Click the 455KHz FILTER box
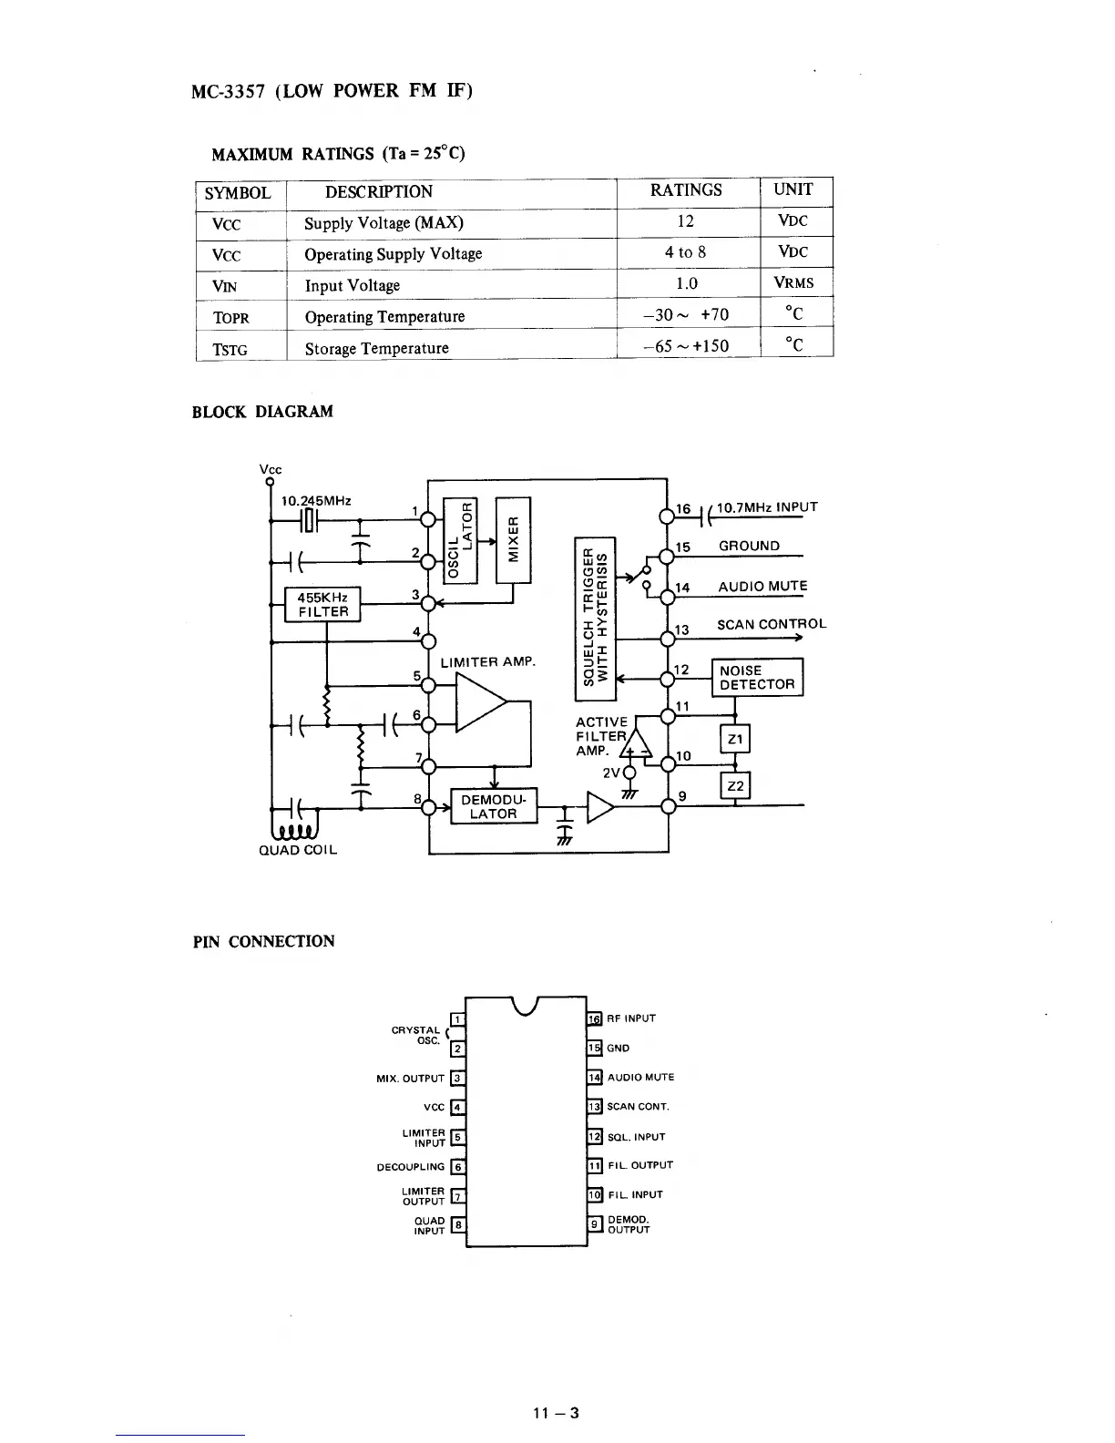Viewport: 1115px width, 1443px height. pyautogui.click(x=323, y=604)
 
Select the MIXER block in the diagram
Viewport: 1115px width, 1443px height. pyautogui.click(x=513, y=540)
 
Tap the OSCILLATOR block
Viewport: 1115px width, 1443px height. pyautogui.click(x=459, y=540)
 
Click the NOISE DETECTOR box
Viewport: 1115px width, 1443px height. pyautogui.click(x=756, y=677)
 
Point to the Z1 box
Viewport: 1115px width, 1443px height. pyautogui.click(x=735, y=740)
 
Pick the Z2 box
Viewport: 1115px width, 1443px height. pyautogui.click(x=735, y=785)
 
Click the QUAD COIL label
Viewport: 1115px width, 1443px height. pyautogui.click(x=298, y=850)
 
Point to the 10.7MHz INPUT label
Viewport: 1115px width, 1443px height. pyautogui.click(x=767, y=507)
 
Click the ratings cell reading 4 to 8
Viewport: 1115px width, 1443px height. pyautogui.click(x=685, y=252)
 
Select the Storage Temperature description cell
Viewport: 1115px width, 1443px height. pyautogui.click(x=376, y=348)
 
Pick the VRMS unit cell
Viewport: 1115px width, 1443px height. pyautogui.click(x=793, y=282)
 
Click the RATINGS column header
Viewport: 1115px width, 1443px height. pyautogui.click(x=685, y=189)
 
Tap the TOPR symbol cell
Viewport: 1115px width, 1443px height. pyautogui.click(x=230, y=318)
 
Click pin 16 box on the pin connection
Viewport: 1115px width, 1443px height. pyautogui.click(x=595, y=1018)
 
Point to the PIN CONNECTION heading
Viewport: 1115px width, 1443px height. pyautogui.click(x=263, y=941)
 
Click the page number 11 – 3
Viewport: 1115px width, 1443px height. pyautogui.click(x=556, y=1413)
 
